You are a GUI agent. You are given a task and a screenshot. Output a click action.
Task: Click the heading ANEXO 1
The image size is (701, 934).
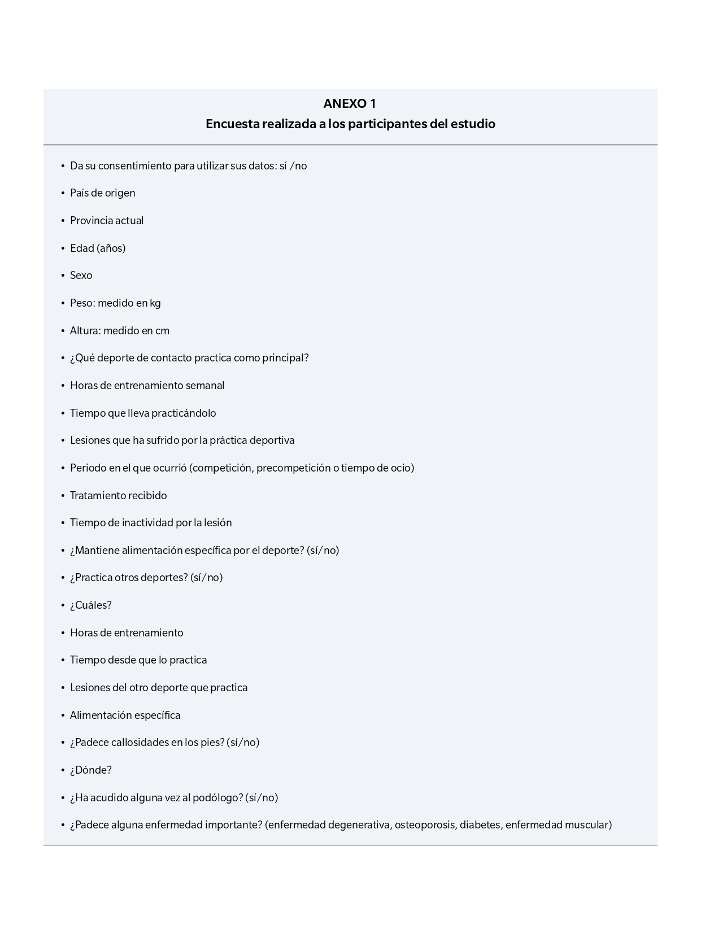[x=350, y=104]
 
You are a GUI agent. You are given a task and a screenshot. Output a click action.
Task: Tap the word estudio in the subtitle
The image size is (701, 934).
[x=473, y=124]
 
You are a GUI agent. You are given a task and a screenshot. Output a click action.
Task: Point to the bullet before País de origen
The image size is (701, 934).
[x=63, y=194]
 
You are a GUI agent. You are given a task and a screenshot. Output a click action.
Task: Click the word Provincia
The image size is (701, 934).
[x=91, y=221]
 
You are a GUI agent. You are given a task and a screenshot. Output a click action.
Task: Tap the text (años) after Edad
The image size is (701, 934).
[x=111, y=248]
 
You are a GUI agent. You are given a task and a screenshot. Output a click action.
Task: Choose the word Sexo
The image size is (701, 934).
[x=81, y=276]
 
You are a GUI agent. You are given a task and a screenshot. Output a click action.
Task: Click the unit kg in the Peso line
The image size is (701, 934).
[x=155, y=303]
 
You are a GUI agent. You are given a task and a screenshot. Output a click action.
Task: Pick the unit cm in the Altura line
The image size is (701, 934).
[x=162, y=331]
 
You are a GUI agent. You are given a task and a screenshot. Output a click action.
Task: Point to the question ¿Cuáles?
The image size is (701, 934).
[x=90, y=605]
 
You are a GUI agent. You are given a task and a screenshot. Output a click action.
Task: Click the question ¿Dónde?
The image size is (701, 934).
[x=90, y=770]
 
